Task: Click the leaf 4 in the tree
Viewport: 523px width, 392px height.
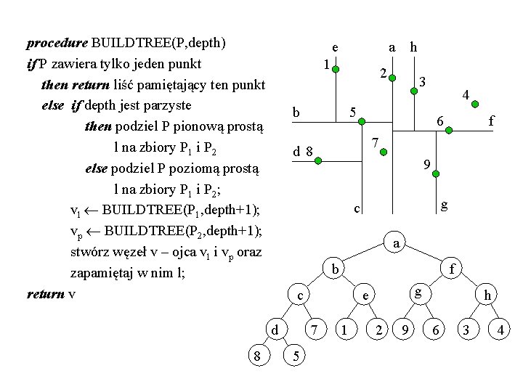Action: [500, 330]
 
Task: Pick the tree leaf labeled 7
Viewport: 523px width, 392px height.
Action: [315, 330]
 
